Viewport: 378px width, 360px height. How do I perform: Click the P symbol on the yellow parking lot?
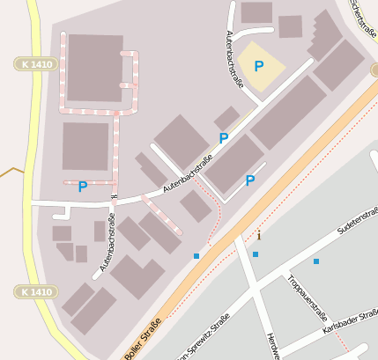(258, 66)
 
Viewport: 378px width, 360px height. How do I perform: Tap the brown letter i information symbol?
(259, 235)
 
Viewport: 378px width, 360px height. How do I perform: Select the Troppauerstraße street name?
(308, 296)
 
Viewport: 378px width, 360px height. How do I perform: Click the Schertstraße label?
(364, 15)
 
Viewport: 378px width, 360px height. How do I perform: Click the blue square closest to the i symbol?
(256, 254)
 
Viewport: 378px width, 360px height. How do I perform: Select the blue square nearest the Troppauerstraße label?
(315, 261)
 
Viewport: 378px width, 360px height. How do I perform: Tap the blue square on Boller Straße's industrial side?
(196, 256)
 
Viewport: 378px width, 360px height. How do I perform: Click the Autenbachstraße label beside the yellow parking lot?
(234, 54)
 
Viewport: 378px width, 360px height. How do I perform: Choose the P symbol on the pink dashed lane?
(82, 187)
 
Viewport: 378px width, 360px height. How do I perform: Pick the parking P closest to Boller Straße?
(250, 180)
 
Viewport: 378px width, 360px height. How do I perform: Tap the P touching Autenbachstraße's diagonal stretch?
(224, 138)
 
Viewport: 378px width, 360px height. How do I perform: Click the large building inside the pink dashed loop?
(95, 68)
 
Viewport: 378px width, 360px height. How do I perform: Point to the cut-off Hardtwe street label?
(272, 349)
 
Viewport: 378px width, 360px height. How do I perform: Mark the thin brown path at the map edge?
(12, 170)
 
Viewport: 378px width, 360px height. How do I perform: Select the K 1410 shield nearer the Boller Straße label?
(34, 291)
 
